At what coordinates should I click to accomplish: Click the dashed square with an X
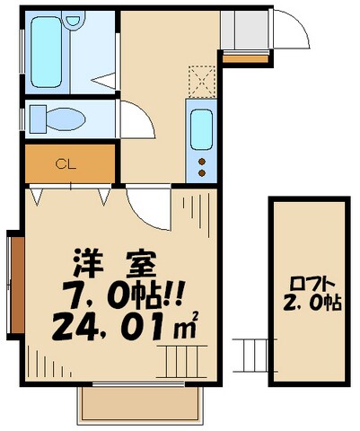pyautogui.click(x=203, y=80)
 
